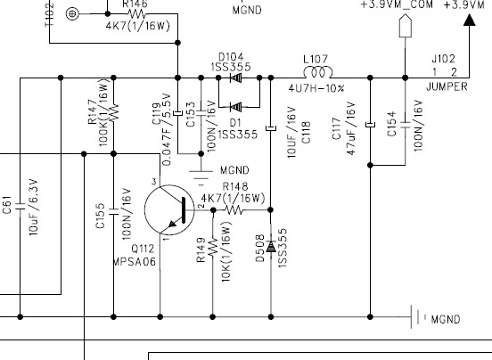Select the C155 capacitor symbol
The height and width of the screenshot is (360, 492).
pyautogui.click(x=113, y=213)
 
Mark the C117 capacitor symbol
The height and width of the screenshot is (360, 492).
pyautogui.click(x=370, y=126)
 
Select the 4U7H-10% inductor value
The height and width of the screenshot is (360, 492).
pyautogui.click(x=316, y=87)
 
